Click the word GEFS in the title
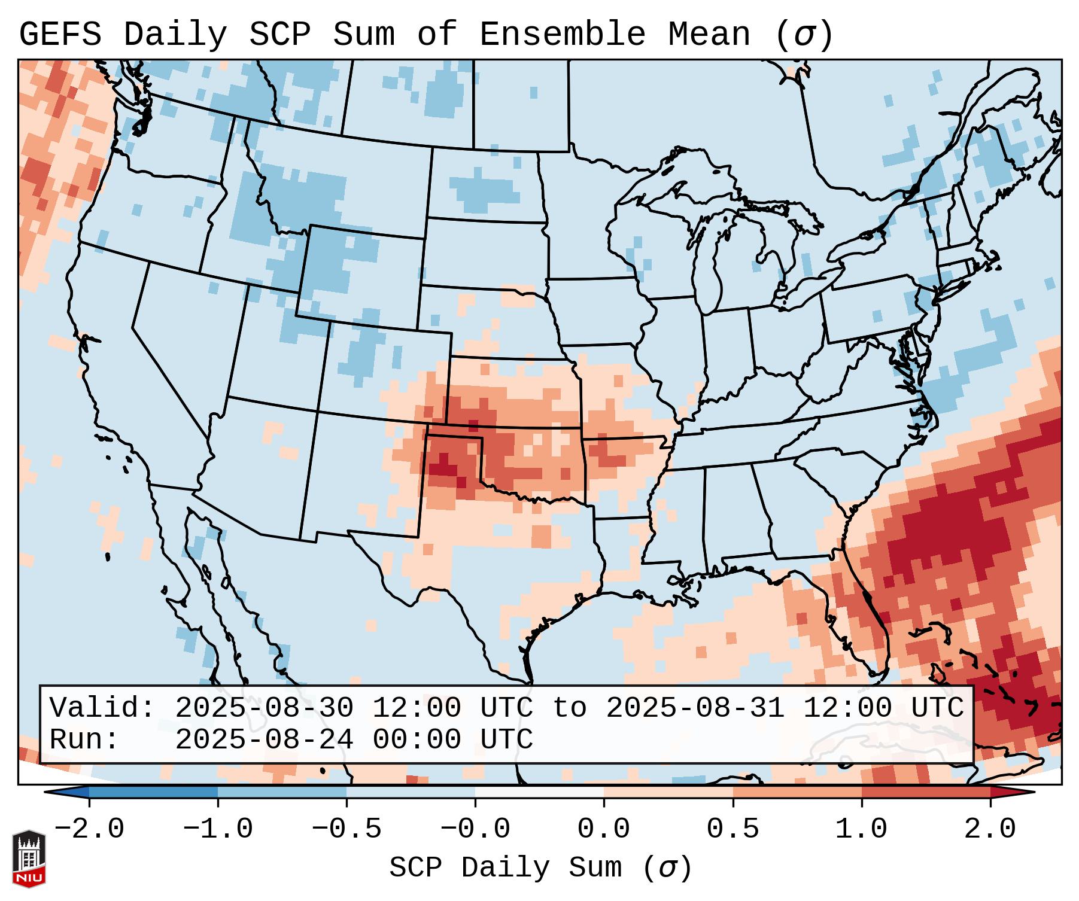[60, 35]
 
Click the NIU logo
[29, 859]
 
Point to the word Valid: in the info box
[102, 708]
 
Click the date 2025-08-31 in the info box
[695, 708]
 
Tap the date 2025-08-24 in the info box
[264, 740]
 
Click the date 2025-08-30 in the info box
[264, 708]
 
